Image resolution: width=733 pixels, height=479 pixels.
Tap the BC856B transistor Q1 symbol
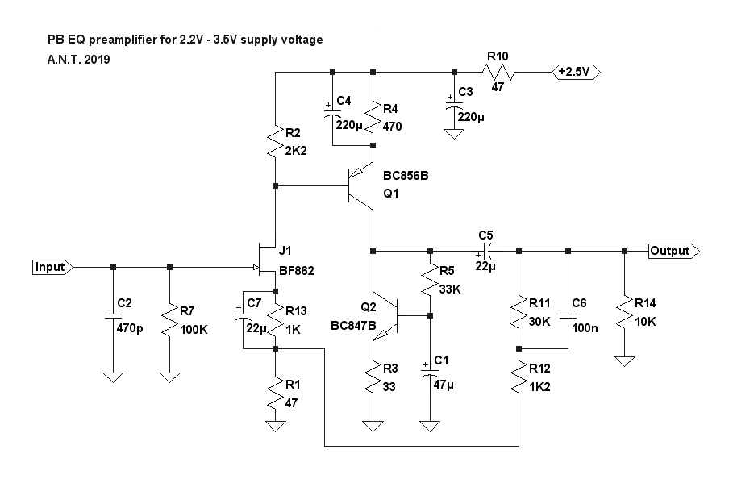361,187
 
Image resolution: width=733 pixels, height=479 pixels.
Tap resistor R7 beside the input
169,320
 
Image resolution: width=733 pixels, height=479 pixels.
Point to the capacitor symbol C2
112,317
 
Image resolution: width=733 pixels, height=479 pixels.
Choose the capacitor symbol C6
568,317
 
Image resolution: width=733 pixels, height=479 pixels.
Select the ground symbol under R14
623,360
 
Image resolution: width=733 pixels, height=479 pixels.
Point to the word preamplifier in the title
125,40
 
